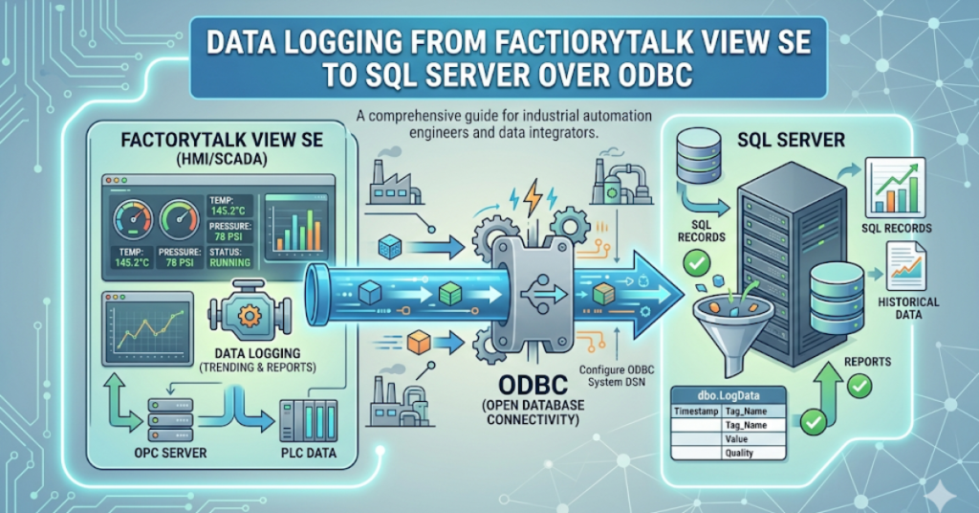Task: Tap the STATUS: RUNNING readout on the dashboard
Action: [230, 256]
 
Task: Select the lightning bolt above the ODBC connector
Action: [533, 197]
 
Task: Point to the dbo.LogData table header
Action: [728, 395]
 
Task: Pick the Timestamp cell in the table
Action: [696, 412]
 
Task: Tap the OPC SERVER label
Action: [170, 453]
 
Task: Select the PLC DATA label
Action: [309, 453]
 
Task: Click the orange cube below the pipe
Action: [418, 342]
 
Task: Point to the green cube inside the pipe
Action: [450, 293]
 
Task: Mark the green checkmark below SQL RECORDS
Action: [696, 263]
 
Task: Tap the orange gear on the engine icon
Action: [250, 315]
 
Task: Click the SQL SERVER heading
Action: [791, 140]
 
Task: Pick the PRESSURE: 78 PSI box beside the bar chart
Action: [230, 232]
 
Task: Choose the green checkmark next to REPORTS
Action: [859, 386]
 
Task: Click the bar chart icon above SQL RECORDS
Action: [896, 188]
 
